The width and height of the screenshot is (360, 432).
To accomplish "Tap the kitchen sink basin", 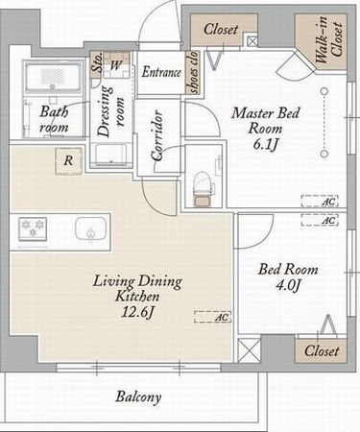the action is pyautogui.click(x=91, y=229).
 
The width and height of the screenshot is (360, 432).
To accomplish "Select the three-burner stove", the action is pyautogui.click(x=33, y=229).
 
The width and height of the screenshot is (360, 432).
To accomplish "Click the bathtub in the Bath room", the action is pyautogui.click(x=53, y=78).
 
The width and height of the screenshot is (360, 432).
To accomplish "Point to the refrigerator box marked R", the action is pyautogui.click(x=69, y=161).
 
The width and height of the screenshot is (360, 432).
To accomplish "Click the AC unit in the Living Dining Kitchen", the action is pyautogui.click(x=212, y=317).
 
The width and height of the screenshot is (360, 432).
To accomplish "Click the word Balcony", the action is pyautogui.click(x=138, y=397).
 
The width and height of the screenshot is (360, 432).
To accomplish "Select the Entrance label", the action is pyautogui.click(x=161, y=72).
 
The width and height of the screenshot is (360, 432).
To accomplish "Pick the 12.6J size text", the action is pyautogui.click(x=138, y=312).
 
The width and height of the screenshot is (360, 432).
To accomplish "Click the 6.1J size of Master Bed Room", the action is pyautogui.click(x=265, y=144).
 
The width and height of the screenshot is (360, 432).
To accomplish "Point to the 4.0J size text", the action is pyautogui.click(x=288, y=284).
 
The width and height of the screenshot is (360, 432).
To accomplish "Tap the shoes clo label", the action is pyautogui.click(x=193, y=72).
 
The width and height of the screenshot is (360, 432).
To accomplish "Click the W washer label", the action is pyautogui.click(x=115, y=66).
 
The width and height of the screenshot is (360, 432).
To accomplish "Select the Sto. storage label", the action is pyautogui.click(x=96, y=62).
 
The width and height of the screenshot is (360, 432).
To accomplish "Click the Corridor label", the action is pyautogui.click(x=157, y=135).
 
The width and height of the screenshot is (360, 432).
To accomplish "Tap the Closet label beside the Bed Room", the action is pyautogui.click(x=322, y=351).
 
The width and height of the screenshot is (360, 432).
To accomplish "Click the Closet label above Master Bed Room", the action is pyautogui.click(x=221, y=30).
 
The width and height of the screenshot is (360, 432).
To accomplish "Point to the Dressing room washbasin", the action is pyautogui.click(x=111, y=155).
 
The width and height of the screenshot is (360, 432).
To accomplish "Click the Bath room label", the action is pyautogui.click(x=54, y=120).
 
